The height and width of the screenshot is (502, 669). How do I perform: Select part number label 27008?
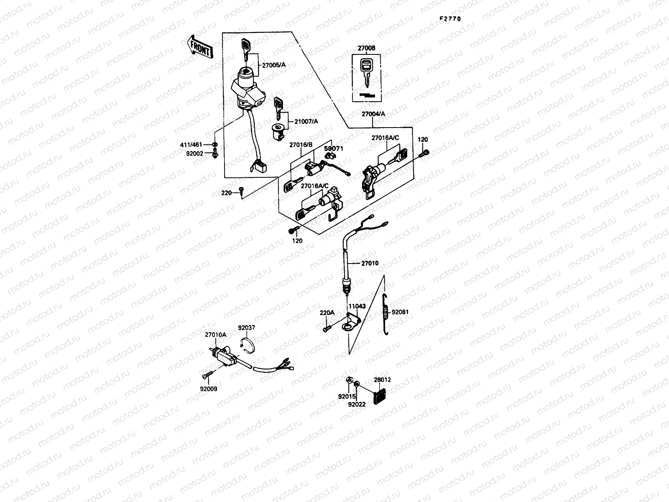coord(366,48)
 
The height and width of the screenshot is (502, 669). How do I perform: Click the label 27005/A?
coord(274,65)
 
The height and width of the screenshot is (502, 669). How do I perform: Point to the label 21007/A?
coord(306,121)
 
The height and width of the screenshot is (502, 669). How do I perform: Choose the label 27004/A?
coord(373,113)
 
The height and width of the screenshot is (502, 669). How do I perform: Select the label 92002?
coord(194,154)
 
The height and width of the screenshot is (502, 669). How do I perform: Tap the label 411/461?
coord(191,145)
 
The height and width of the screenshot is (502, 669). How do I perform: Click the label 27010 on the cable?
coord(370,263)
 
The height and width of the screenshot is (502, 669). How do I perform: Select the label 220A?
coord(327,312)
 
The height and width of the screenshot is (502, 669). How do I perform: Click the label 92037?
coord(247,328)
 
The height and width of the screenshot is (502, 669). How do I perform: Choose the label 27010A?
coord(215,335)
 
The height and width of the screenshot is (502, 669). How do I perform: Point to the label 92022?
coord(357,404)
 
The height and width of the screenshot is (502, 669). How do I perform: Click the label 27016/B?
coord(301,145)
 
